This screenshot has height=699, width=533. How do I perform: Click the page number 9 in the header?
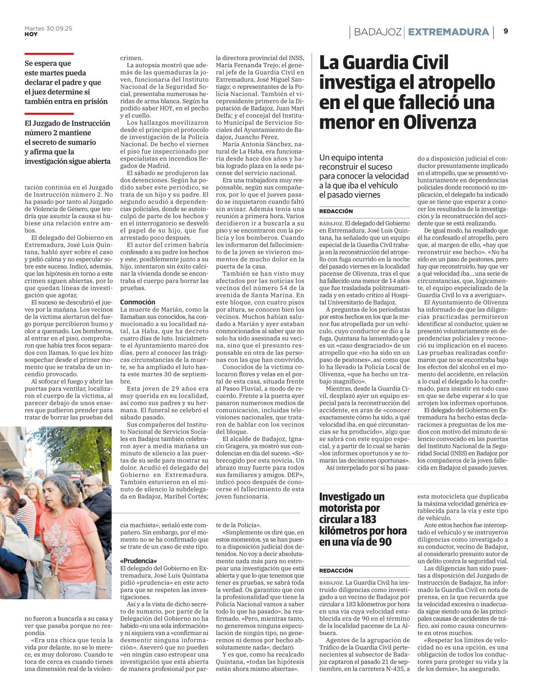tap(506, 31)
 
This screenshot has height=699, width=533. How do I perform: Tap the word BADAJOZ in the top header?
tap(378, 32)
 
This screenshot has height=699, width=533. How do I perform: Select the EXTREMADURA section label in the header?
tap(448, 32)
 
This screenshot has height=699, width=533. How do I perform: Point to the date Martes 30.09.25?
tap(48, 28)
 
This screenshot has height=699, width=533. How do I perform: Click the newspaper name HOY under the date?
tap(31, 34)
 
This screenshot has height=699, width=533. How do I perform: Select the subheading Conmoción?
tap(138, 302)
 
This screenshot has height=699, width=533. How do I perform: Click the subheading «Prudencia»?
tap(139, 561)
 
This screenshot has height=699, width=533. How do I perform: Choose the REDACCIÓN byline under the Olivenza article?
tap(336, 211)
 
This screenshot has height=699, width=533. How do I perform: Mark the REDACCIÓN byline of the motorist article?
tap(336, 571)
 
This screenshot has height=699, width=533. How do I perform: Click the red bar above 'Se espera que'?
tap(49, 54)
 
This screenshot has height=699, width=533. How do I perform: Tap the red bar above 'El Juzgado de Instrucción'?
tap(49, 114)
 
